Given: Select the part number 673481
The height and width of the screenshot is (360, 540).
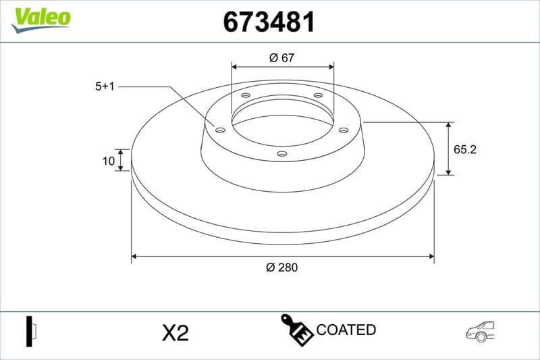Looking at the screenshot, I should click(x=269, y=22).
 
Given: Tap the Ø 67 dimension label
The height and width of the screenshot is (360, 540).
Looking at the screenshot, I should click(x=282, y=57).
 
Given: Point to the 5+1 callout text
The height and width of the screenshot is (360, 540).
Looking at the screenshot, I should click(x=105, y=86).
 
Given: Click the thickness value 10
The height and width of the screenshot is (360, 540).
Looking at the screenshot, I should click(x=107, y=160).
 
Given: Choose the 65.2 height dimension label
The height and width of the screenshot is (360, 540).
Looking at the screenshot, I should click(x=465, y=150).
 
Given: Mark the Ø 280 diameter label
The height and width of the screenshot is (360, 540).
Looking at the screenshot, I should click(x=282, y=267).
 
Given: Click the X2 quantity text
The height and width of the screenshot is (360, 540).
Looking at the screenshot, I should click(x=175, y=332).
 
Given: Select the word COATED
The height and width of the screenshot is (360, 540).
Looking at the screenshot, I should click(x=346, y=330).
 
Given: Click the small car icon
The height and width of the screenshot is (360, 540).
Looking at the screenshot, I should click(x=480, y=330).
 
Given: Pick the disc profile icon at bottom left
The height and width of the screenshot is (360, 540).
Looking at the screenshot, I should click(x=31, y=331).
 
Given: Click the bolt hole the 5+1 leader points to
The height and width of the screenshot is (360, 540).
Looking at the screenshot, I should click(x=220, y=130).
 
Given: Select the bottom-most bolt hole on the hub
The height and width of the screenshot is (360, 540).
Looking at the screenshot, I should click(x=282, y=154).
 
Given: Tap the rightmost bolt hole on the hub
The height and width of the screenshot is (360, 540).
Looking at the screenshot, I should click(x=343, y=130).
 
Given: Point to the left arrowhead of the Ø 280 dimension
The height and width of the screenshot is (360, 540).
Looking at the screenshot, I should click(x=135, y=256).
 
